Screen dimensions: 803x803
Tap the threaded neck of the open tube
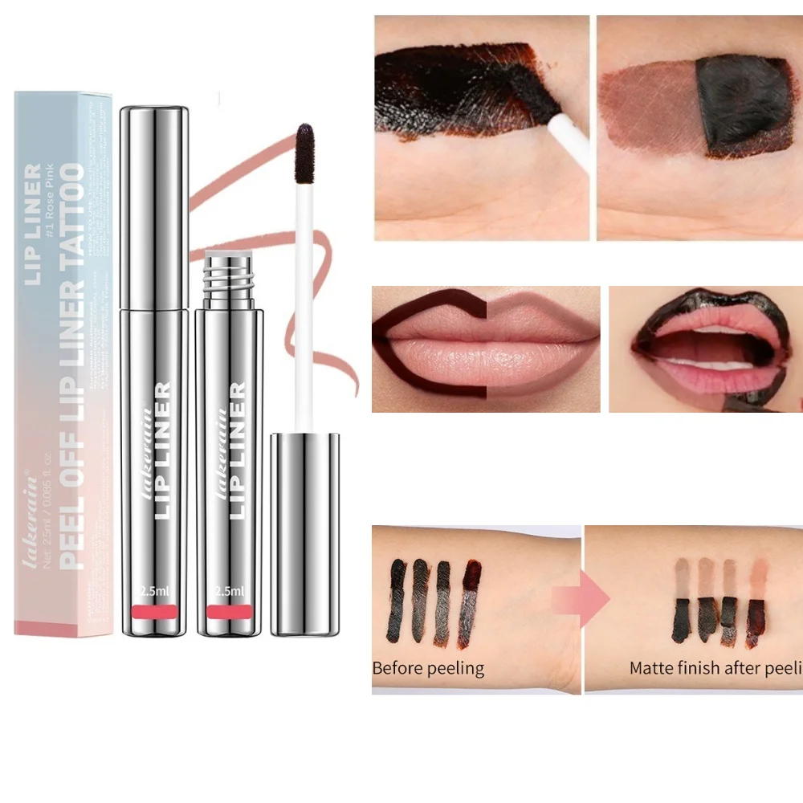[226, 278]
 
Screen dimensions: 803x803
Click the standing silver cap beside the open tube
[304, 534]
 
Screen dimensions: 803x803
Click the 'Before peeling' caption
[428, 667]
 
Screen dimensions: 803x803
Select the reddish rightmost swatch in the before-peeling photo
[470, 602]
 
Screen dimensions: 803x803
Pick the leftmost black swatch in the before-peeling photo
[397, 598]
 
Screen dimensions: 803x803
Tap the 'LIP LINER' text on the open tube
[236, 450]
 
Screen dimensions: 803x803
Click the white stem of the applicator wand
[304, 305]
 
